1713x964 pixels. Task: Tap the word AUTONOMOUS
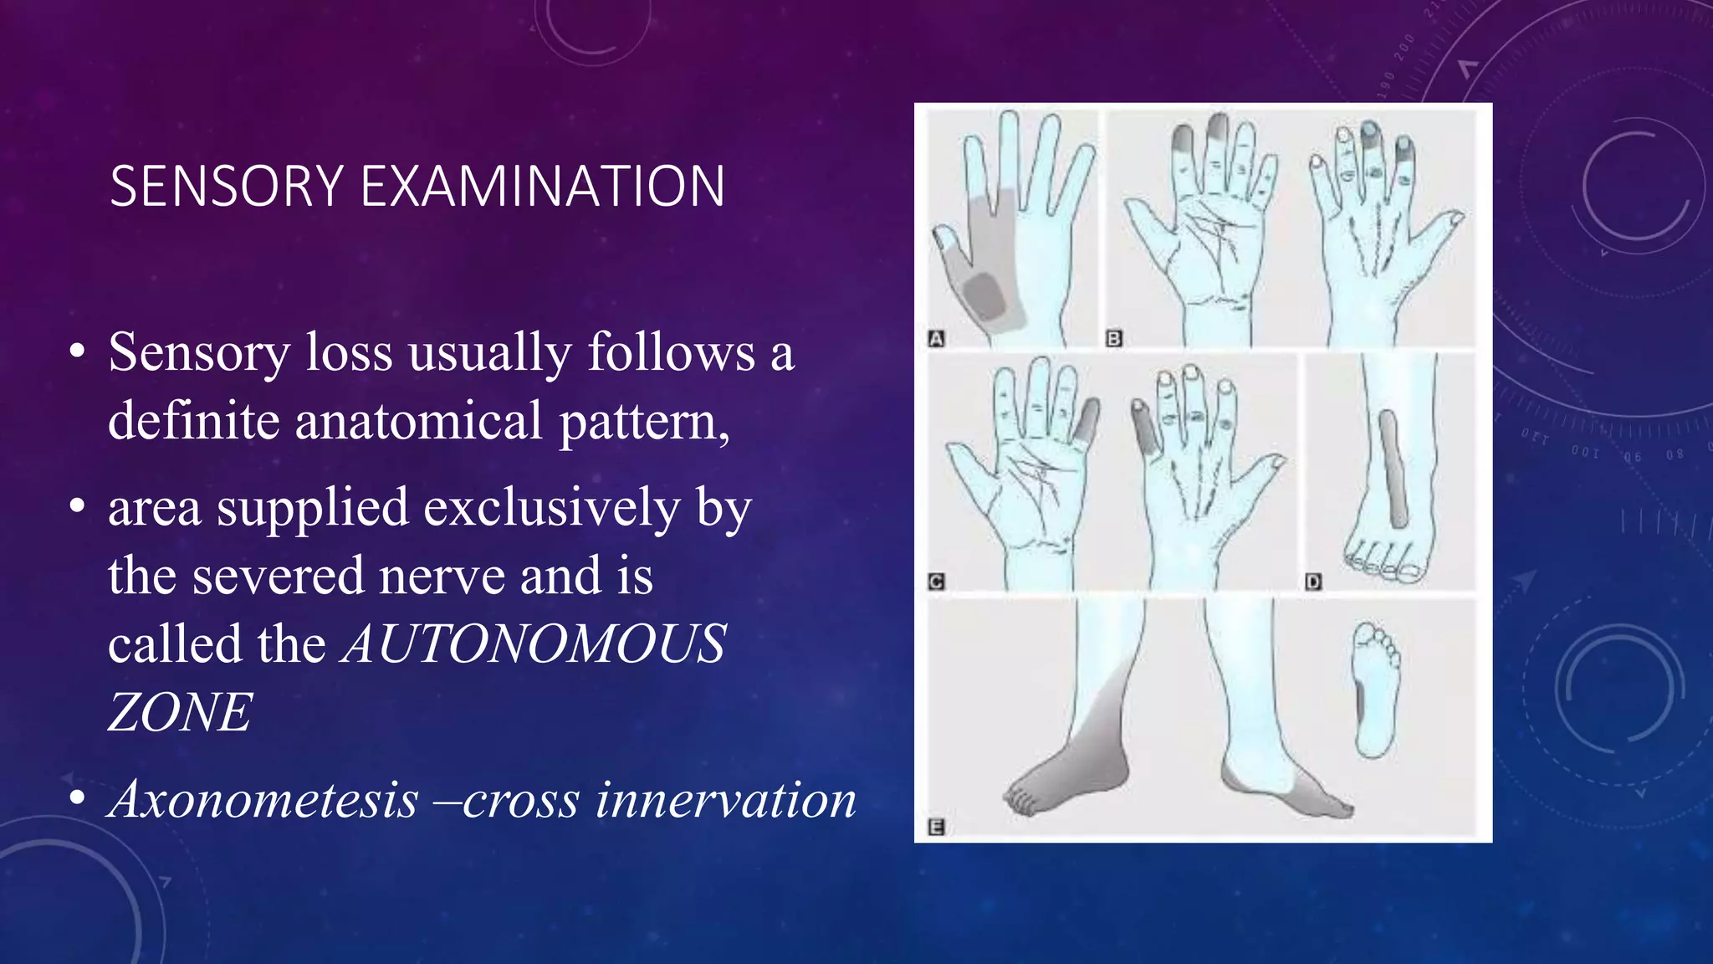[534, 644]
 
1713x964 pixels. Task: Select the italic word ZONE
[180, 713]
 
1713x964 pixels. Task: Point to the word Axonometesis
[264, 799]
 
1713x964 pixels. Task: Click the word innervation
[726, 799]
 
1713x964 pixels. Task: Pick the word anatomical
[418, 420]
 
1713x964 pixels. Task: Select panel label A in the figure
[937, 339]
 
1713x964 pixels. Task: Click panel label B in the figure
[1113, 339]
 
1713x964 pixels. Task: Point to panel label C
[937, 582]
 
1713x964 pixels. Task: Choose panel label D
[1313, 582]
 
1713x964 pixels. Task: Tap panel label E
[937, 828]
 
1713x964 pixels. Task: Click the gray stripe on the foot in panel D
[1393, 469]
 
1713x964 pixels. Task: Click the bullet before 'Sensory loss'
[78, 352]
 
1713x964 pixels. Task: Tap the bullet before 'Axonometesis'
[78, 799]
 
